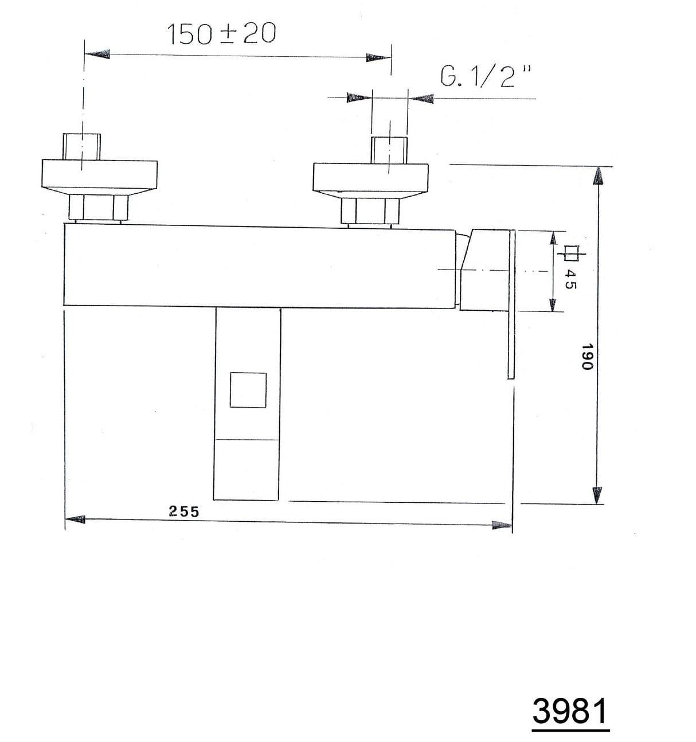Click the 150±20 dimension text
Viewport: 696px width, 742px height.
[221, 33]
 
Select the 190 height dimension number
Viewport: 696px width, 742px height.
[588, 357]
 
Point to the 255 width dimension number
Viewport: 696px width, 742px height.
[184, 511]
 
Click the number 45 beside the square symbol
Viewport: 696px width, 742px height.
[570, 280]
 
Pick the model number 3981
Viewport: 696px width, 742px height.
[570, 711]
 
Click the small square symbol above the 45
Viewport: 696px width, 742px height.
[571, 253]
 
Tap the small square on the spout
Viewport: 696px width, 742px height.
[248, 390]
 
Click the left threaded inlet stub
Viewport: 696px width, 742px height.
[82, 147]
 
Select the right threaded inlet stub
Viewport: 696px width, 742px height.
[389, 150]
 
